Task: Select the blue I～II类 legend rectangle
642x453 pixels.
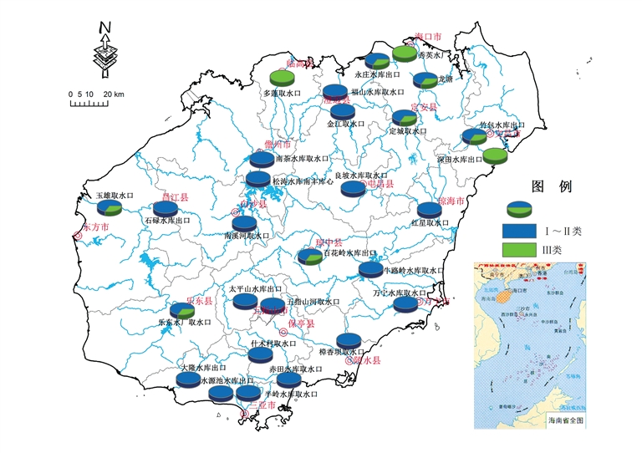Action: coord(519,229)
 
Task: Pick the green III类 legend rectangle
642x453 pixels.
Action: coord(519,249)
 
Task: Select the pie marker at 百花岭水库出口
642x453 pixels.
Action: coord(310,257)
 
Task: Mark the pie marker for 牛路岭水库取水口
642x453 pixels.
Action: coord(370,269)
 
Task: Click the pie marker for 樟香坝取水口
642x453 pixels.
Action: coord(349,339)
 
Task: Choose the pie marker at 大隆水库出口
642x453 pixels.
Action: coord(188,379)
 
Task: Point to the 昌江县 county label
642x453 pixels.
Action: coord(176,197)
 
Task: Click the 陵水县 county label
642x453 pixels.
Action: coord(366,360)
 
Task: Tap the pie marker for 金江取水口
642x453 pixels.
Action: coord(342,111)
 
